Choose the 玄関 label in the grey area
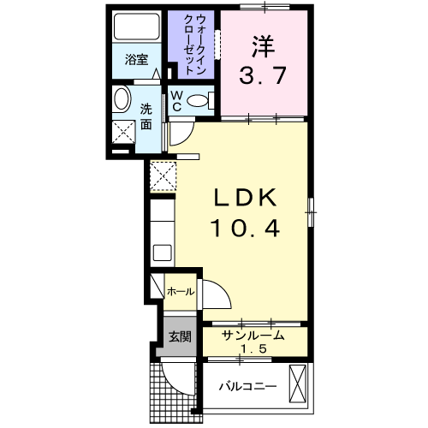tap(178, 335)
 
